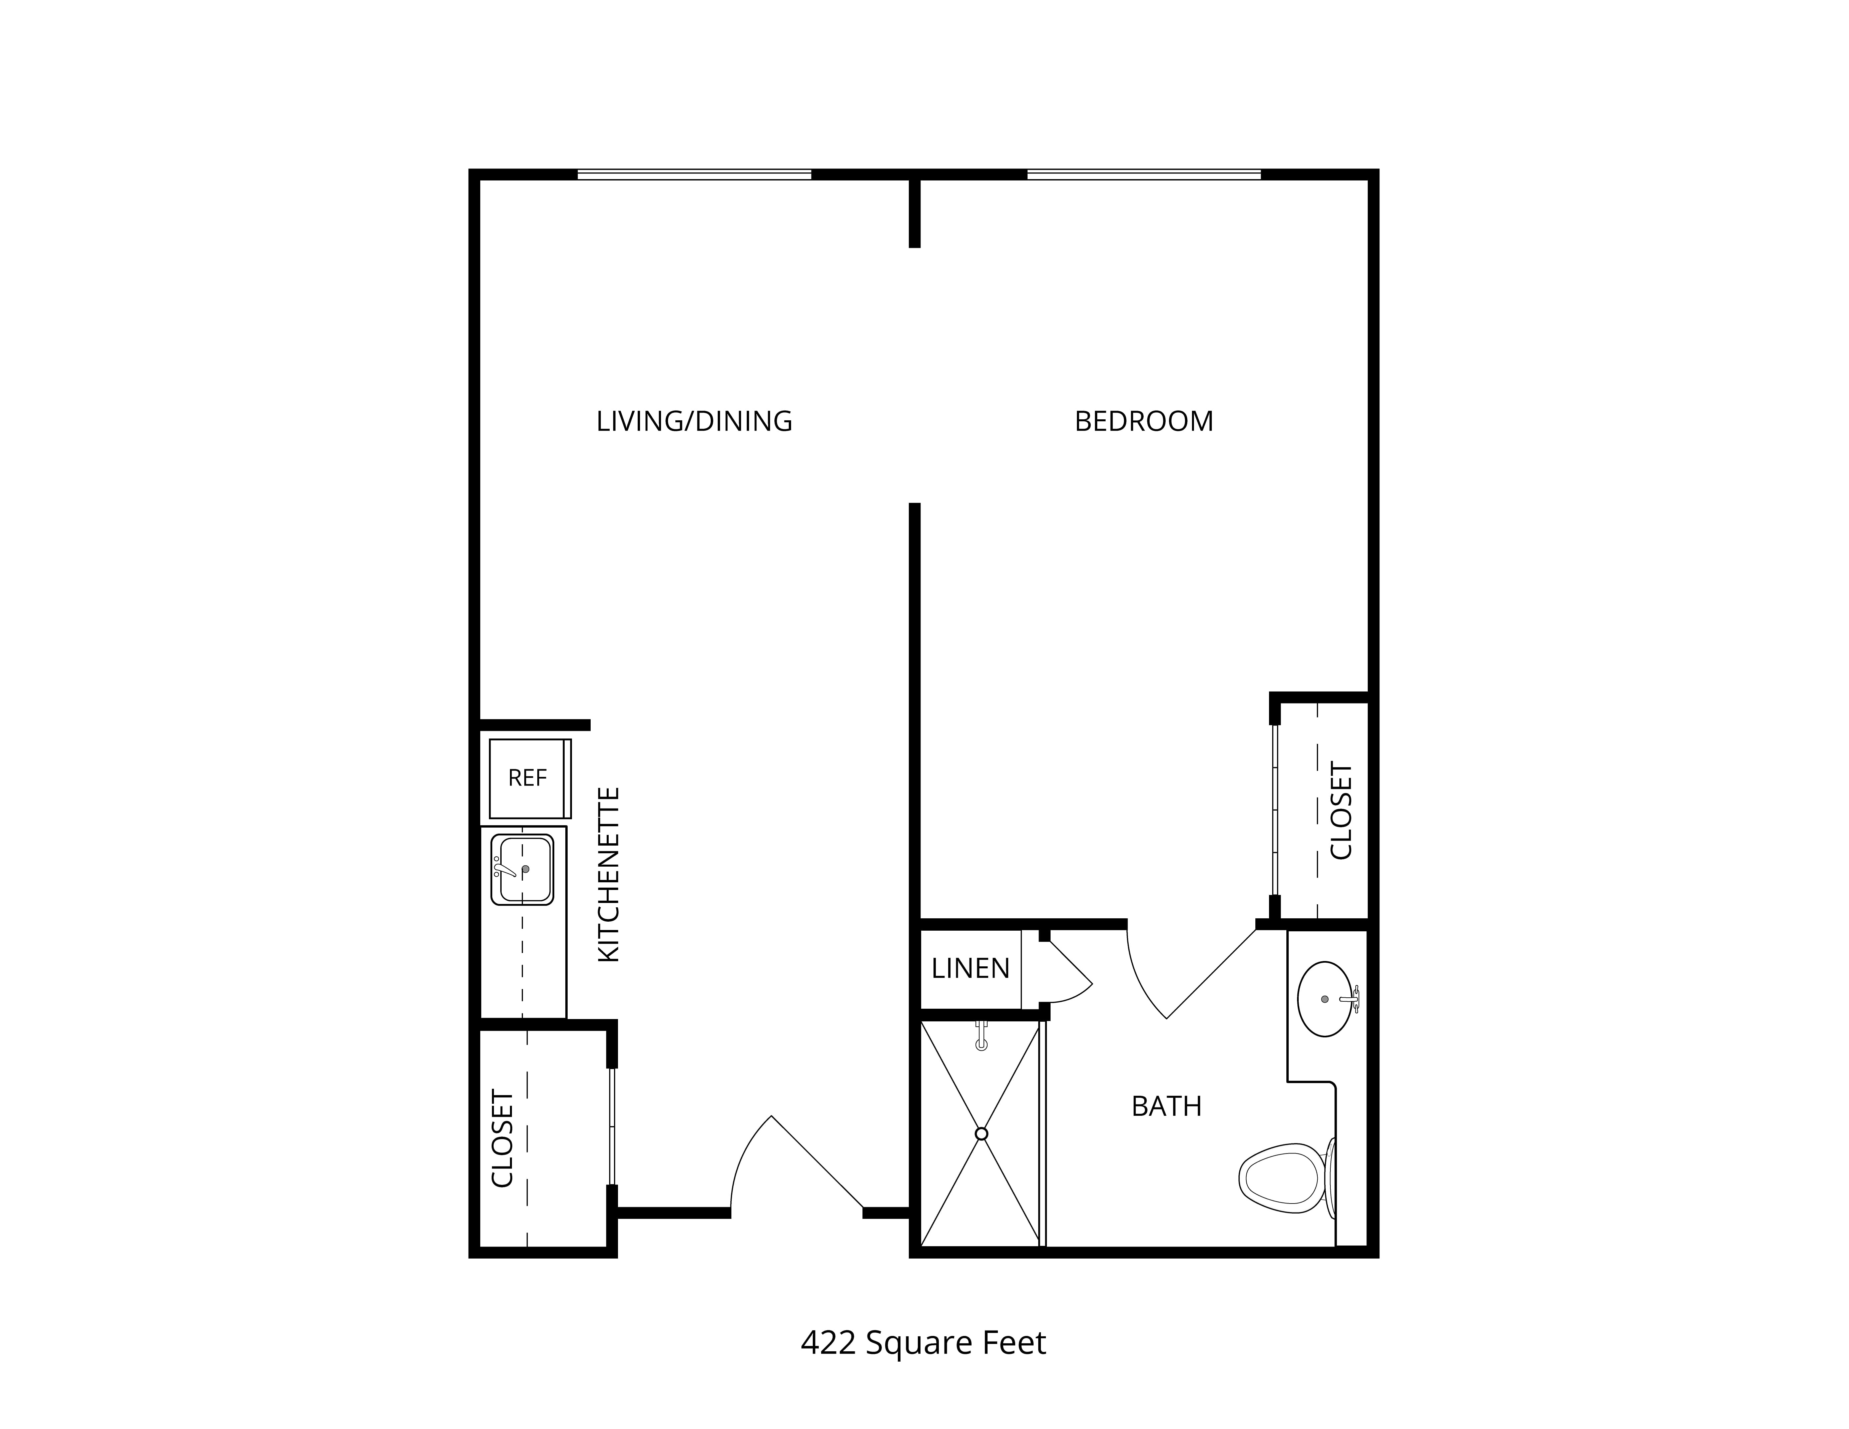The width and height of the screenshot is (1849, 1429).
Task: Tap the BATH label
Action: (1167, 1106)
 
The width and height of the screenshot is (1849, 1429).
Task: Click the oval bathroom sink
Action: (1325, 999)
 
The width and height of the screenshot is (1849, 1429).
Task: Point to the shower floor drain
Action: (981, 1133)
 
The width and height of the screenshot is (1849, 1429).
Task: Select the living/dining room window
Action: (694, 175)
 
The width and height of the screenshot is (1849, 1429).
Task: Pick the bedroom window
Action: (1144, 175)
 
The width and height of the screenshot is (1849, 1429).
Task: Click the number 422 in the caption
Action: (828, 1343)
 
